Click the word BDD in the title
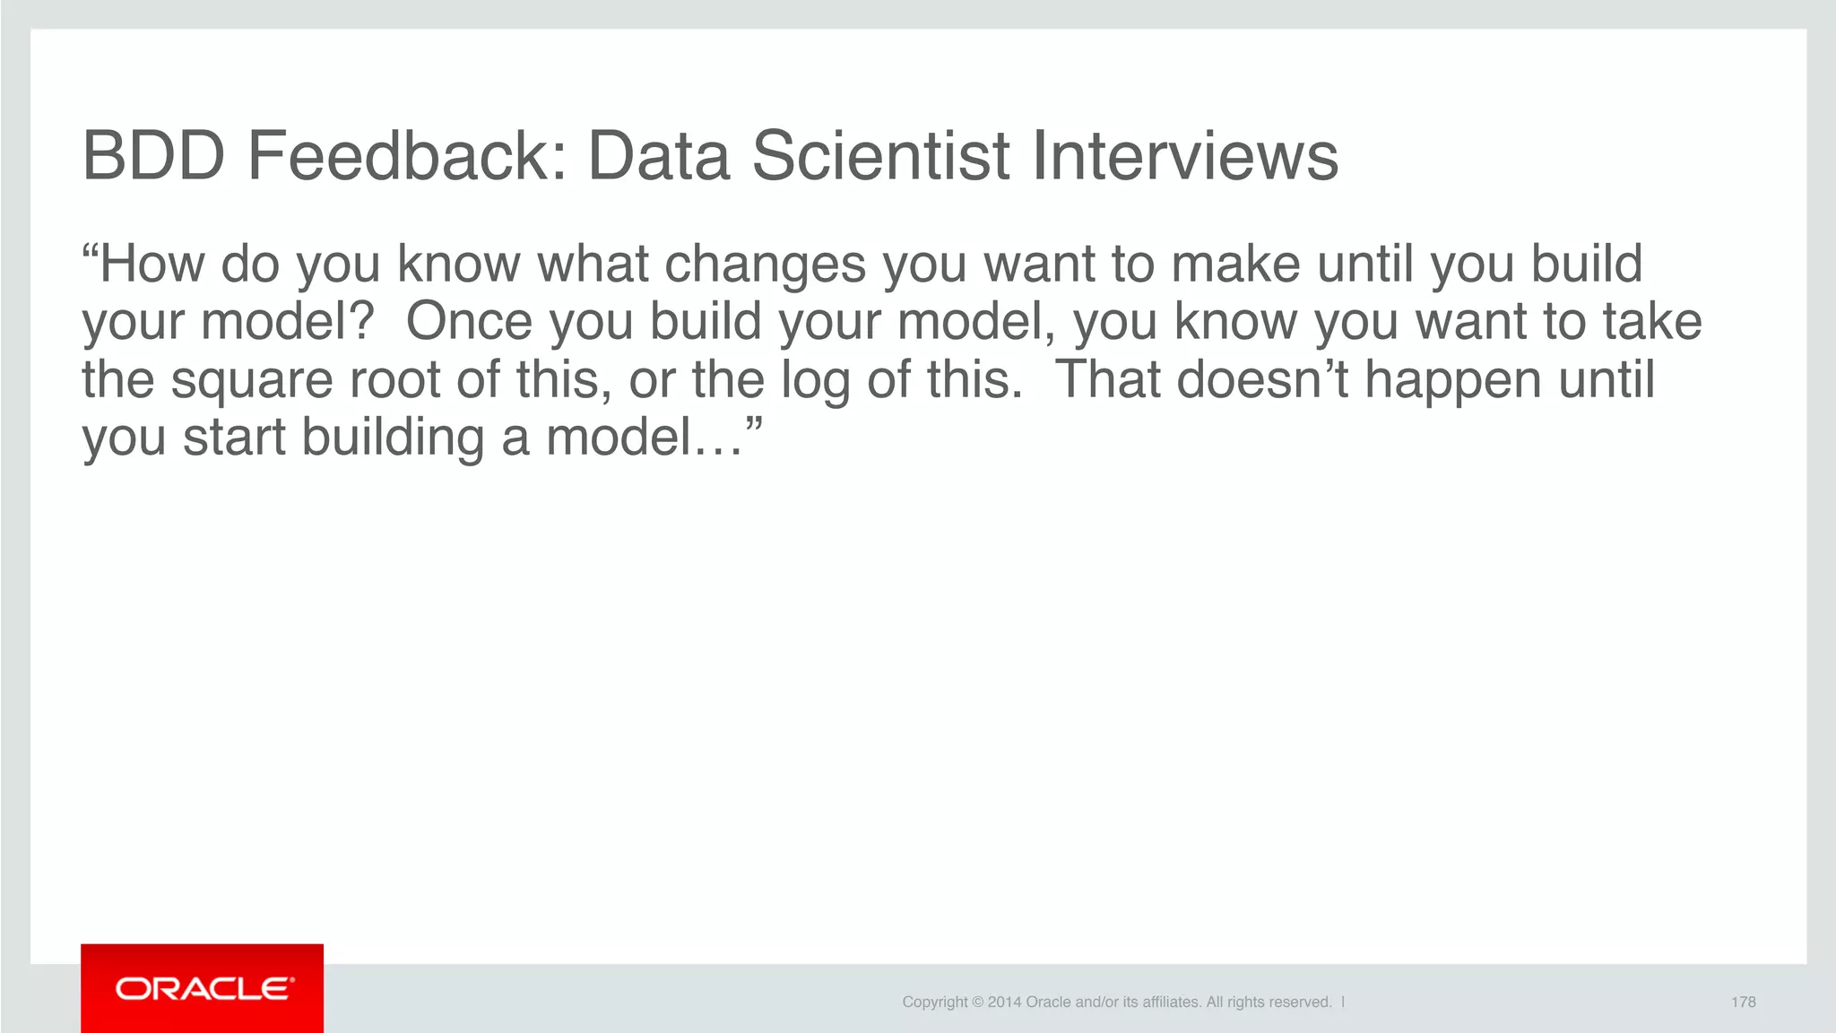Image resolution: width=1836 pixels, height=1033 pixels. pos(153,156)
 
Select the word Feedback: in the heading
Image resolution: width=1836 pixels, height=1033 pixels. pos(408,156)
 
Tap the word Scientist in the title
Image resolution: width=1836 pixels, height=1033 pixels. pos(880,156)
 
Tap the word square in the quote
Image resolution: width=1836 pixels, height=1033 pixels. pos(252,379)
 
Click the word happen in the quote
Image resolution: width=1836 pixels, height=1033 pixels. pos(1453,379)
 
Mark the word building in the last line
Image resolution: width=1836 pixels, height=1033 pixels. pos(393,437)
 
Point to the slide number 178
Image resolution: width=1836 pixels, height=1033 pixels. pos(1743,1002)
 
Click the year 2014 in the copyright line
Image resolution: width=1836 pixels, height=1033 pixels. pos(1004,1002)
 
